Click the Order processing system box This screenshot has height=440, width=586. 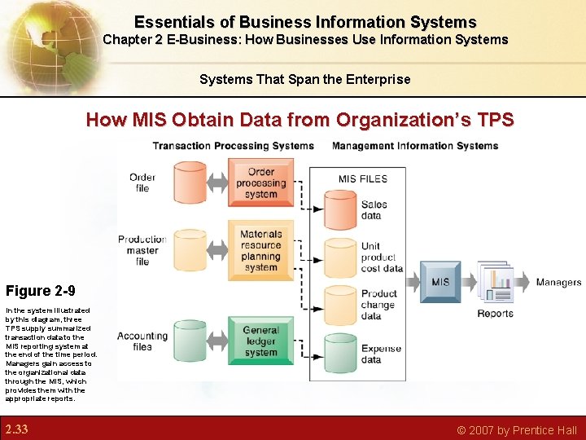(260, 183)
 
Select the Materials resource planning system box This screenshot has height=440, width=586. (260, 250)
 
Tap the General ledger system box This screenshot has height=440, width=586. (260, 341)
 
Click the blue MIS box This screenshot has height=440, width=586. (440, 282)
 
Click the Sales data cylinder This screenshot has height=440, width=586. (340, 210)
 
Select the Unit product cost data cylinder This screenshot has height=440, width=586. (340, 257)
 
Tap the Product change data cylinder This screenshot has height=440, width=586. (340, 304)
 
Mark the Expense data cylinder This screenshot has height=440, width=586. (340, 354)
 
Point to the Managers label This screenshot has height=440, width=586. (558, 283)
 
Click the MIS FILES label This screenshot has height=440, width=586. (363, 178)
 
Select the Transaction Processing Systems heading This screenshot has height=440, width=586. (233, 146)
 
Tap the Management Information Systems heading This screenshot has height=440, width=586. (415, 146)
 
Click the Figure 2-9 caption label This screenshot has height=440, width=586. (40, 291)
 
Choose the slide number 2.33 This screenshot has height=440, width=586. (16, 429)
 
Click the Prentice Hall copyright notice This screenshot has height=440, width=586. (517, 429)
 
